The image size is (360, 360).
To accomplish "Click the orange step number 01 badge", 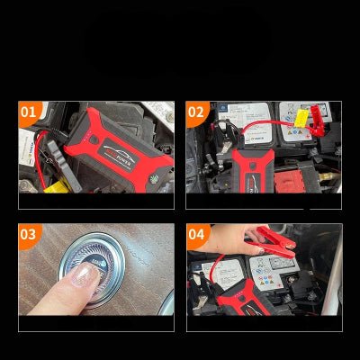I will coord(30,113).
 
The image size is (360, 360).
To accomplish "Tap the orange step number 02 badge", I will coord(197,113).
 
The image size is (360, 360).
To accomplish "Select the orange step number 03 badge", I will coord(30,236).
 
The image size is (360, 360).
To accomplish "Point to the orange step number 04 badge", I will coord(197,236).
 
